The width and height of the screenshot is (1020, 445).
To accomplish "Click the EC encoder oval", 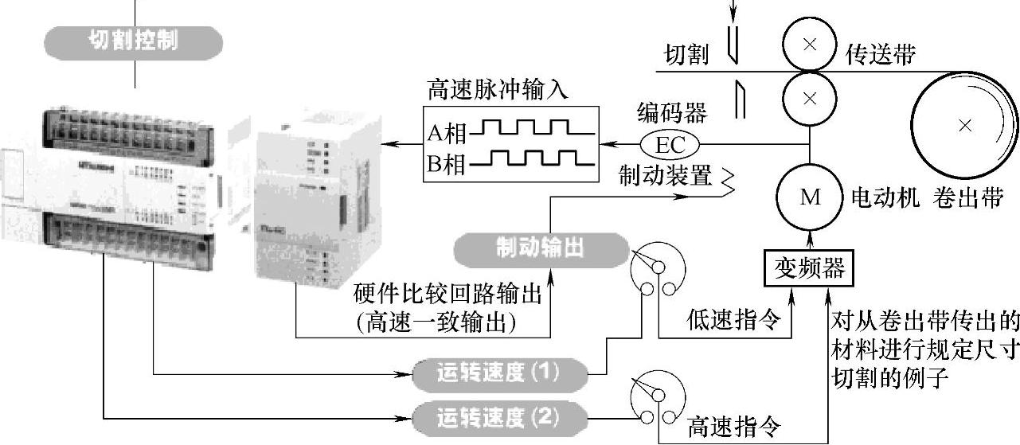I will (670, 145).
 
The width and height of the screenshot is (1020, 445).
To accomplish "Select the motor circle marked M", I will (810, 197).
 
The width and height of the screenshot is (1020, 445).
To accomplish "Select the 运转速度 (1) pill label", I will (499, 373).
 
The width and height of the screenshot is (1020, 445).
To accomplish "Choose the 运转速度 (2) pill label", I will (499, 416).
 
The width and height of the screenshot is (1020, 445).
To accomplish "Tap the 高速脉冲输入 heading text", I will (498, 90).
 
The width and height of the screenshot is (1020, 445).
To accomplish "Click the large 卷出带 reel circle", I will (964, 124).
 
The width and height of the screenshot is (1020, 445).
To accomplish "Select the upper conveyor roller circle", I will (810, 45).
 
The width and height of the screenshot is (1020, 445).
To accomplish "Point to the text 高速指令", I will (733, 427).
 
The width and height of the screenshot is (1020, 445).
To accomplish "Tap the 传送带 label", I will (880, 55).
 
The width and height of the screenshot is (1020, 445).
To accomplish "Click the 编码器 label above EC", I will (672, 114).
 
